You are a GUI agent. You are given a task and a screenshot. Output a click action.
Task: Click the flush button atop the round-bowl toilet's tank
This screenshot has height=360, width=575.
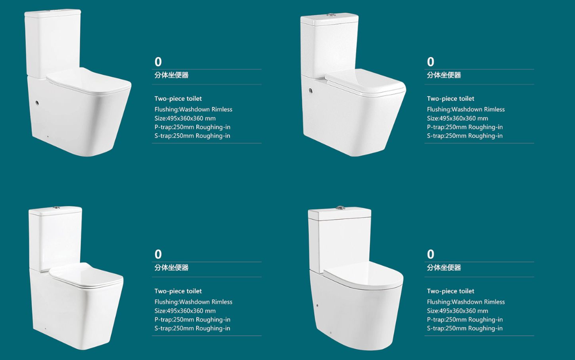point(340,208)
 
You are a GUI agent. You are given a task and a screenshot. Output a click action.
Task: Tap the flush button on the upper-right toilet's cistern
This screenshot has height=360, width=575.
point(331,15)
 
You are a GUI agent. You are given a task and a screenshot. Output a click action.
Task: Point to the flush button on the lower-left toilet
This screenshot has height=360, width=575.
point(56,208)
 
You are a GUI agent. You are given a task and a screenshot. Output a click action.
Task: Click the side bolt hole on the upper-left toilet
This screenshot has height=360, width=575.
point(37,103)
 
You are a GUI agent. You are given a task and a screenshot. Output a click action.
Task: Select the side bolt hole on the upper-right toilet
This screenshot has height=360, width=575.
point(311,90)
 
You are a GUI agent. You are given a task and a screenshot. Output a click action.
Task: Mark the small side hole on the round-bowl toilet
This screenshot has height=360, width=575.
point(317,305)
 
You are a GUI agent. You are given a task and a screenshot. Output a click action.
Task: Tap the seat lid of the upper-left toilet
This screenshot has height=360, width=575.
point(88,81)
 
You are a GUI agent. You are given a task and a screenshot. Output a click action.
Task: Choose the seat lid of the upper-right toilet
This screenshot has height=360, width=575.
point(365,82)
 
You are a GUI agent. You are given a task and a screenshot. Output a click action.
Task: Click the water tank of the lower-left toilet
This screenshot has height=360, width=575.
point(55,239)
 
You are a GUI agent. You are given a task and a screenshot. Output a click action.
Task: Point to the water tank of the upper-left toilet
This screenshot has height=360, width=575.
point(53,43)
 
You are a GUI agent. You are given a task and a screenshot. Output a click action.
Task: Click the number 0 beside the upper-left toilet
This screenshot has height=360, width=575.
point(158,62)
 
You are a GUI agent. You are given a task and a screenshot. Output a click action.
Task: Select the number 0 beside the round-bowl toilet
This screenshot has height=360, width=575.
point(430,254)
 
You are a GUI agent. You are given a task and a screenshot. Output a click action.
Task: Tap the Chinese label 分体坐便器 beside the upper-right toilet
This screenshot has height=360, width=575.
point(444,75)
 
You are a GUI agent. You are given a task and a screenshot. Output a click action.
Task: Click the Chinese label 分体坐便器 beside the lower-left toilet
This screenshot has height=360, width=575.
point(171,267)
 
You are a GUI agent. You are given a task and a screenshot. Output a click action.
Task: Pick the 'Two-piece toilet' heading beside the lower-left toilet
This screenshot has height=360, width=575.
point(178,291)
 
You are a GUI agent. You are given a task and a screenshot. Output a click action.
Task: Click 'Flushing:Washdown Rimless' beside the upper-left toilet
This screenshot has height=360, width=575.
point(193,110)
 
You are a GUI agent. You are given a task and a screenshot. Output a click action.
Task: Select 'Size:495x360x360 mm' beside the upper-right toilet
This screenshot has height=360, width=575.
point(457,118)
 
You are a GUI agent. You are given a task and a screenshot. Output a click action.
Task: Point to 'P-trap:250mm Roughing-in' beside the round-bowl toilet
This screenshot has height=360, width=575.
point(465,319)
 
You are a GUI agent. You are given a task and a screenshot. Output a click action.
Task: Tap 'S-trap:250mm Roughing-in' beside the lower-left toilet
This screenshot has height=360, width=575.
point(192,329)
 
